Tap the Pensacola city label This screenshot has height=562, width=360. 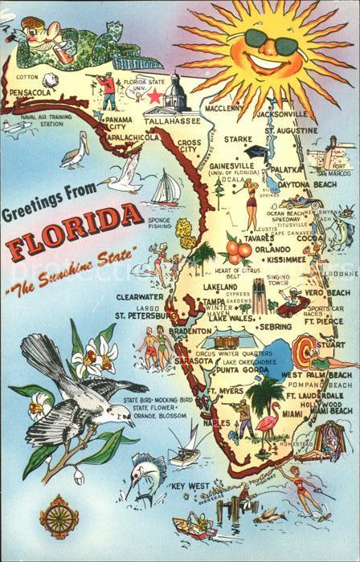31,92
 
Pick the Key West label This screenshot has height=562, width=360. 190,487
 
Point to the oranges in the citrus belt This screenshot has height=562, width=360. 239,250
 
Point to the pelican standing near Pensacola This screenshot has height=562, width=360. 73,153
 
